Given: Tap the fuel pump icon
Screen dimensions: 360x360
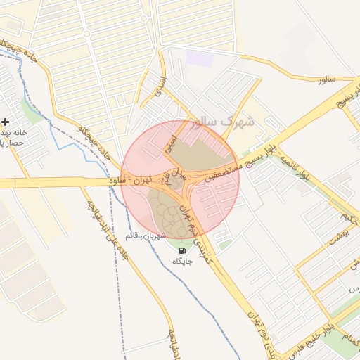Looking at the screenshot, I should pyautogui.click(x=183, y=250).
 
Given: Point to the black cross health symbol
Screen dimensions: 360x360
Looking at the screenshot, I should pyautogui.click(x=5, y=122).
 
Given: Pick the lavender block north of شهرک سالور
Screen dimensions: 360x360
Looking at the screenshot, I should pyautogui.click(x=200, y=58).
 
